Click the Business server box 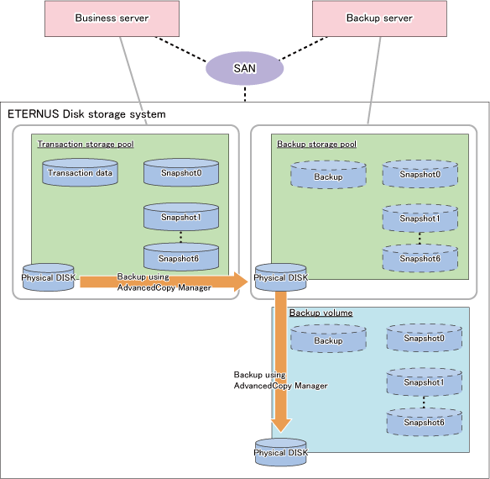tap(112, 18)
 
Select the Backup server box tap(379, 18)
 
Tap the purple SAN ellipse tap(244, 68)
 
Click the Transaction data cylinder tap(80, 172)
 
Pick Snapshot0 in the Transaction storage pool tap(181, 172)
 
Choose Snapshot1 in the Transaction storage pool tap(181, 217)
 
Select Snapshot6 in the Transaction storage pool tap(181, 258)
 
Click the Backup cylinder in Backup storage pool tap(328, 175)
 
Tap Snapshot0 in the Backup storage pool tap(420, 174)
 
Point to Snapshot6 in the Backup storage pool tap(420, 258)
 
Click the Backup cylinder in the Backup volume tap(328, 339)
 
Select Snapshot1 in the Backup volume tap(424, 382)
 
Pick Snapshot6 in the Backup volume tap(424, 422)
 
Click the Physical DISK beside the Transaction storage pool tap(49, 277)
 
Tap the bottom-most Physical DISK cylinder tap(280, 452)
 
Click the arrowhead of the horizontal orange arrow tap(242, 282)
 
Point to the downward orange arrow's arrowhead tap(281, 426)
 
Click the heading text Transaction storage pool tap(86, 145)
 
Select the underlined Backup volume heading tap(321, 313)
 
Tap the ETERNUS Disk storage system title tap(86, 114)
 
